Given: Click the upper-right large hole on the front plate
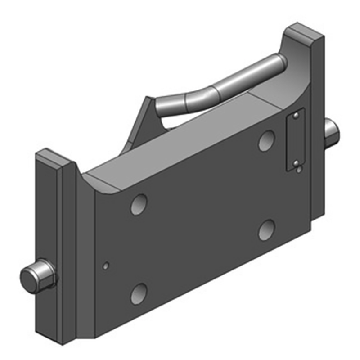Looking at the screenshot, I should click(267, 140).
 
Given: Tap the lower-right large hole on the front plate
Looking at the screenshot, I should click(267, 230).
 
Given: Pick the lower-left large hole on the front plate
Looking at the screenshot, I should click(139, 294).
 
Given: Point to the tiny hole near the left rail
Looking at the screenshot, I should click(105, 266).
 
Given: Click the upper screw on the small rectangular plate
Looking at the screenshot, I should click(295, 117).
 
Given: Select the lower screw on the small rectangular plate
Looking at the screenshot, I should click(296, 162).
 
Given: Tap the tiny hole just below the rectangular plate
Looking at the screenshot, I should click(299, 170).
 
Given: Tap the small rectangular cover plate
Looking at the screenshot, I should click(296, 139).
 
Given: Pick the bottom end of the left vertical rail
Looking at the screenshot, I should click(56, 335).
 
